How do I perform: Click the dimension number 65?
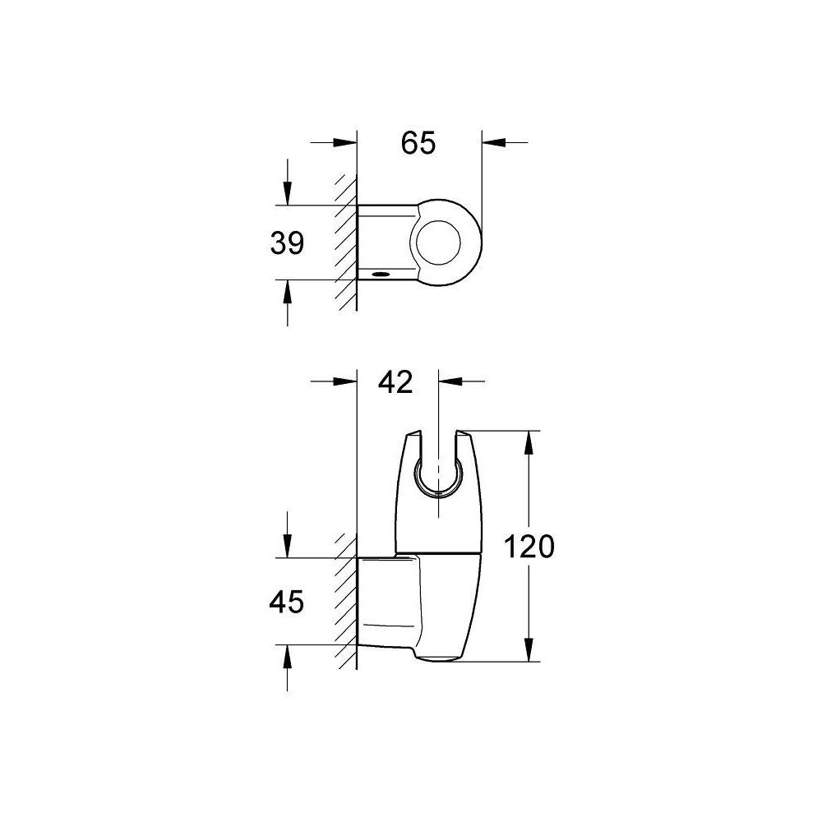coord(418,143)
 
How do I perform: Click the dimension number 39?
coord(287,242)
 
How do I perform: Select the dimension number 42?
coord(395,382)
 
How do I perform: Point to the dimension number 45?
coord(287,603)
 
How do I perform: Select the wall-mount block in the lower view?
coord(386,600)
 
